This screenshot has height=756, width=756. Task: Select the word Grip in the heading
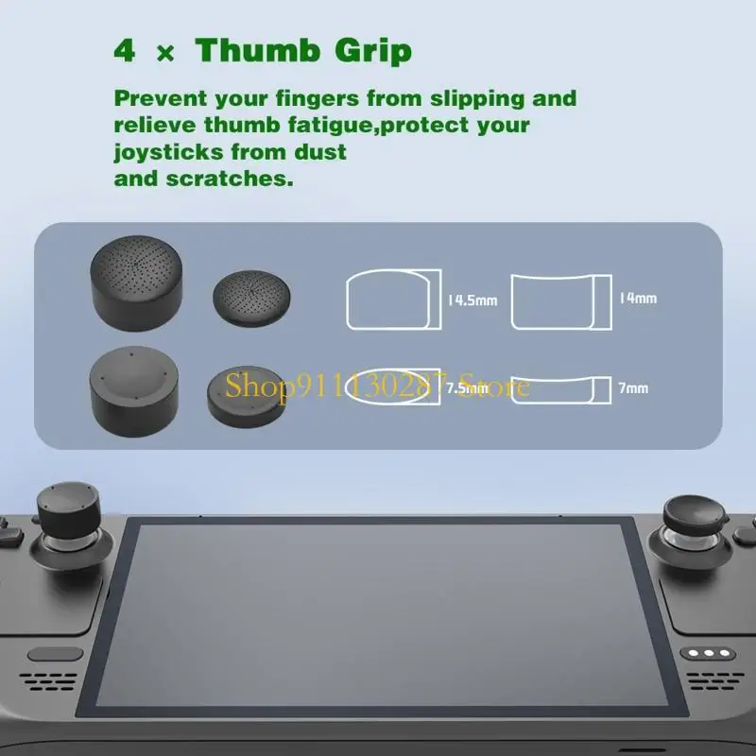(x=372, y=52)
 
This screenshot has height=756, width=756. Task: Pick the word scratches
(x=222, y=178)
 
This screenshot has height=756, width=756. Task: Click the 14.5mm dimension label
(x=472, y=301)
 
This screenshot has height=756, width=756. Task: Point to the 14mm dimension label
(x=638, y=298)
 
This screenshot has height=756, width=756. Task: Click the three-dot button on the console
(x=710, y=653)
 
